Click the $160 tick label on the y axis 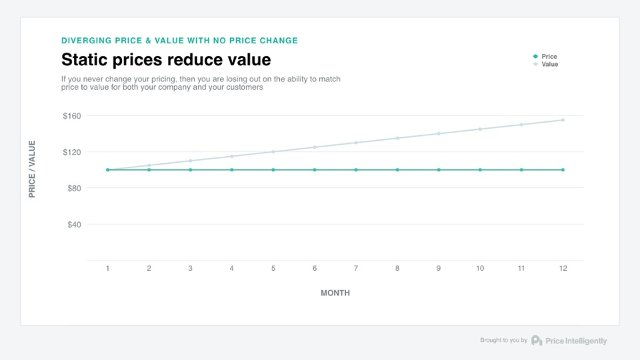pyautogui.click(x=71, y=116)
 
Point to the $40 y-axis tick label pyautogui.click(x=73, y=225)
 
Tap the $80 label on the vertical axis pyautogui.click(x=73, y=189)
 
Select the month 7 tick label pyautogui.click(x=356, y=269)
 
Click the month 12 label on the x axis pyautogui.click(x=563, y=269)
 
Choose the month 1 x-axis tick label pyautogui.click(x=107, y=269)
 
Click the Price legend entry pyautogui.click(x=549, y=57)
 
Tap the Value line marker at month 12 pyautogui.click(x=563, y=120)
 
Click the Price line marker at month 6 pyautogui.click(x=315, y=170)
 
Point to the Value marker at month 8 pyautogui.click(x=397, y=138)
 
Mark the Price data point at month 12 pyautogui.click(x=563, y=170)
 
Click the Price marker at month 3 pyautogui.click(x=190, y=170)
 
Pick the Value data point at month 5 pyautogui.click(x=273, y=152)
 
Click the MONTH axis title pyautogui.click(x=335, y=293)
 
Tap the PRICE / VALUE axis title pyautogui.click(x=32, y=169)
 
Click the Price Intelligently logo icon pyautogui.click(x=537, y=341)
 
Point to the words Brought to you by pyautogui.click(x=503, y=341)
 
